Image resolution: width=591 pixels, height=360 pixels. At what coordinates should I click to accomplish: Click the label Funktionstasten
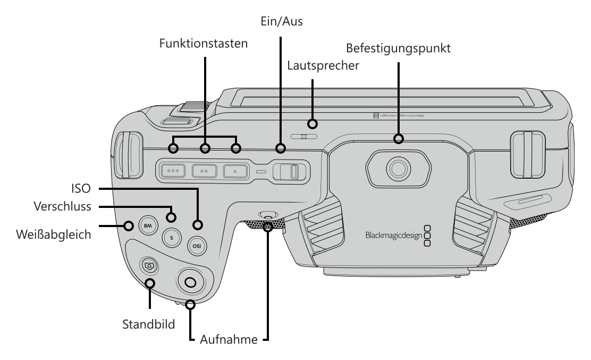203,44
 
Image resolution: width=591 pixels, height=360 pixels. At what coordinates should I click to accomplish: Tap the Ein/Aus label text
282,21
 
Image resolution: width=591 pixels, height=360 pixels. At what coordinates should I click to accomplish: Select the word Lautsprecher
323,65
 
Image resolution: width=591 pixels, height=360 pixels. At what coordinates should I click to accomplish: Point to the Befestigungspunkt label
398,48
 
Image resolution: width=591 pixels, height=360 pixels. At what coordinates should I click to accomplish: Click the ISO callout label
81,188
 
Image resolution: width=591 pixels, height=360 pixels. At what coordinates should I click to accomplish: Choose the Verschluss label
62,206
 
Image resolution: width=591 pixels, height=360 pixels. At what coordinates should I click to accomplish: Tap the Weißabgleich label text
54,235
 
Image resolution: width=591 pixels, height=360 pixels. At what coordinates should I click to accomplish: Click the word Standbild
148,324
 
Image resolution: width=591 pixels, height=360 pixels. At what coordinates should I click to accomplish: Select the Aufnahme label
229,339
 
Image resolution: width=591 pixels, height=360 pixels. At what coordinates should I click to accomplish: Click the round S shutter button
172,238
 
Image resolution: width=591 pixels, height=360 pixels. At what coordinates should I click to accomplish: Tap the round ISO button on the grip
197,246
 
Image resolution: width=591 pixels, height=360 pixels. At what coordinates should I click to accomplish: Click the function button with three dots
173,171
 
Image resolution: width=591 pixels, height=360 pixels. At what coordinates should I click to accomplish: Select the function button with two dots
204,171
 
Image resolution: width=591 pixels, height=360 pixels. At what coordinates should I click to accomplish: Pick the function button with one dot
235,171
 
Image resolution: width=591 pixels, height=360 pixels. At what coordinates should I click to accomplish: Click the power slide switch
290,172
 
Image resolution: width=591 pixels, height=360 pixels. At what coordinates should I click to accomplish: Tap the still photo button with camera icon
149,266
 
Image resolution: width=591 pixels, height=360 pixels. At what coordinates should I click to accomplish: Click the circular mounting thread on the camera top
399,169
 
